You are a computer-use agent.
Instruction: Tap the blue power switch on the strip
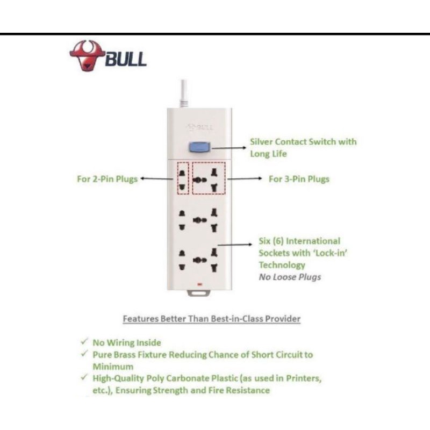(x=199, y=147)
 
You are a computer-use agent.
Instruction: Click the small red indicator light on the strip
(x=199, y=282)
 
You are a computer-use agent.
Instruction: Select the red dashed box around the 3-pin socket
(x=209, y=178)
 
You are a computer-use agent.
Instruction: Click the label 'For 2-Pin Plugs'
(x=107, y=179)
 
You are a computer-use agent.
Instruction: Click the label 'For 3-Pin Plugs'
(x=299, y=179)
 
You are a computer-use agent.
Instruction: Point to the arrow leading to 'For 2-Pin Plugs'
(x=156, y=180)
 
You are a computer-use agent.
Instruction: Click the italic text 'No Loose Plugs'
(x=290, y=277)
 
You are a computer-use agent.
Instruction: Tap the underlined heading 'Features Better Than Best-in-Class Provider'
(x=212, y=319)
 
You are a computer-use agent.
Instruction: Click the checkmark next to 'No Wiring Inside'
(x=84, y=342)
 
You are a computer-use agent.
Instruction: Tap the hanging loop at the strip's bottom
(x=199, y=294)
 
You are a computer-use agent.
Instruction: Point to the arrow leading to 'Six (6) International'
(x=236, y=245)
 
